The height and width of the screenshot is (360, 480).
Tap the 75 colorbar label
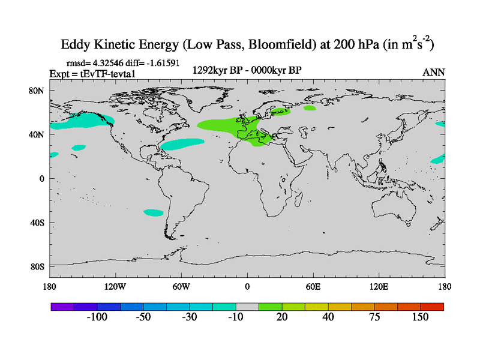tap(374, 317)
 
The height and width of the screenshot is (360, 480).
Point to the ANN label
tap(433, 72)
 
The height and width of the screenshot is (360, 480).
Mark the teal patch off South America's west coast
tap(154, 212)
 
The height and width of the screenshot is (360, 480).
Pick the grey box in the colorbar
tap(247, 306)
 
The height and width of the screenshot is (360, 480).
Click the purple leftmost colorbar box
tap(62, 306)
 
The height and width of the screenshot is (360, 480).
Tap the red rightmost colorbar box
tap(432, 306)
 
